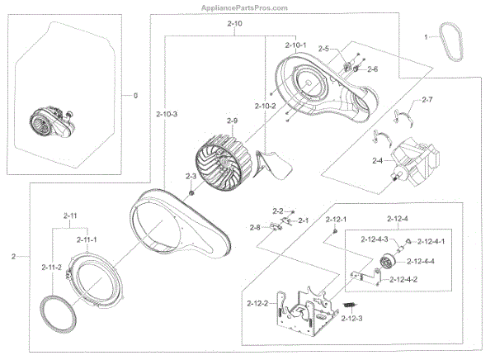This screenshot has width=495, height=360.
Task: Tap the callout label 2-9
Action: (232, 121)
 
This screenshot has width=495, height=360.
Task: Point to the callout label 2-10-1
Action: (295, 44)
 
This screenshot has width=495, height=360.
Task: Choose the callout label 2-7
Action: (427, 100)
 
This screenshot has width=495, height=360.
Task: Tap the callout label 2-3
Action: (191, 177)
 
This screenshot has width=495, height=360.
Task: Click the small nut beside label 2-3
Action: (191, 192)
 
